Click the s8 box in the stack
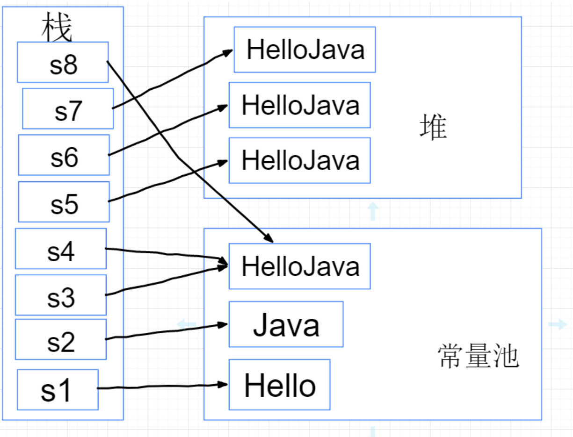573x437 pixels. [x=63, y=62]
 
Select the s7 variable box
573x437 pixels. [x=68, y=108]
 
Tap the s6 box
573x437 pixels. [x=64, y=155]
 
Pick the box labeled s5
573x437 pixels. [x=64, y=202]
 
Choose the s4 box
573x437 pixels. [x=61, y=249]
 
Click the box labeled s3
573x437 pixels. [x=61, y=295]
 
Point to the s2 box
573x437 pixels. [x=61, y=339]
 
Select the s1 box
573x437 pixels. [x=58, y=389]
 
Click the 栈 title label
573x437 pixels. [x=57, y=27]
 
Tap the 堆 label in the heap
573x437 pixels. [x=433, y=127]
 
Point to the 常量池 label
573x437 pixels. [x=478, y=356]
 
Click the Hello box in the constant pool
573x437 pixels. [x=280, y=385]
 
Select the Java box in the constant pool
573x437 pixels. [x=286, y=324]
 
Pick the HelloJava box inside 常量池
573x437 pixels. [x=300, y=266]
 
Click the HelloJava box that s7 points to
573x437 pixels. [x=305, y=50]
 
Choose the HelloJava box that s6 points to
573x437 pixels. [x=300, y=105]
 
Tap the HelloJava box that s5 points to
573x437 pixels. [x=300, y=160]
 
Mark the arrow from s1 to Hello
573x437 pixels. [x=162, y=386]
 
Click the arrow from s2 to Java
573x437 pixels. [x=167, y=332]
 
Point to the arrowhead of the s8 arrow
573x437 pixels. [x=269, y=238]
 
